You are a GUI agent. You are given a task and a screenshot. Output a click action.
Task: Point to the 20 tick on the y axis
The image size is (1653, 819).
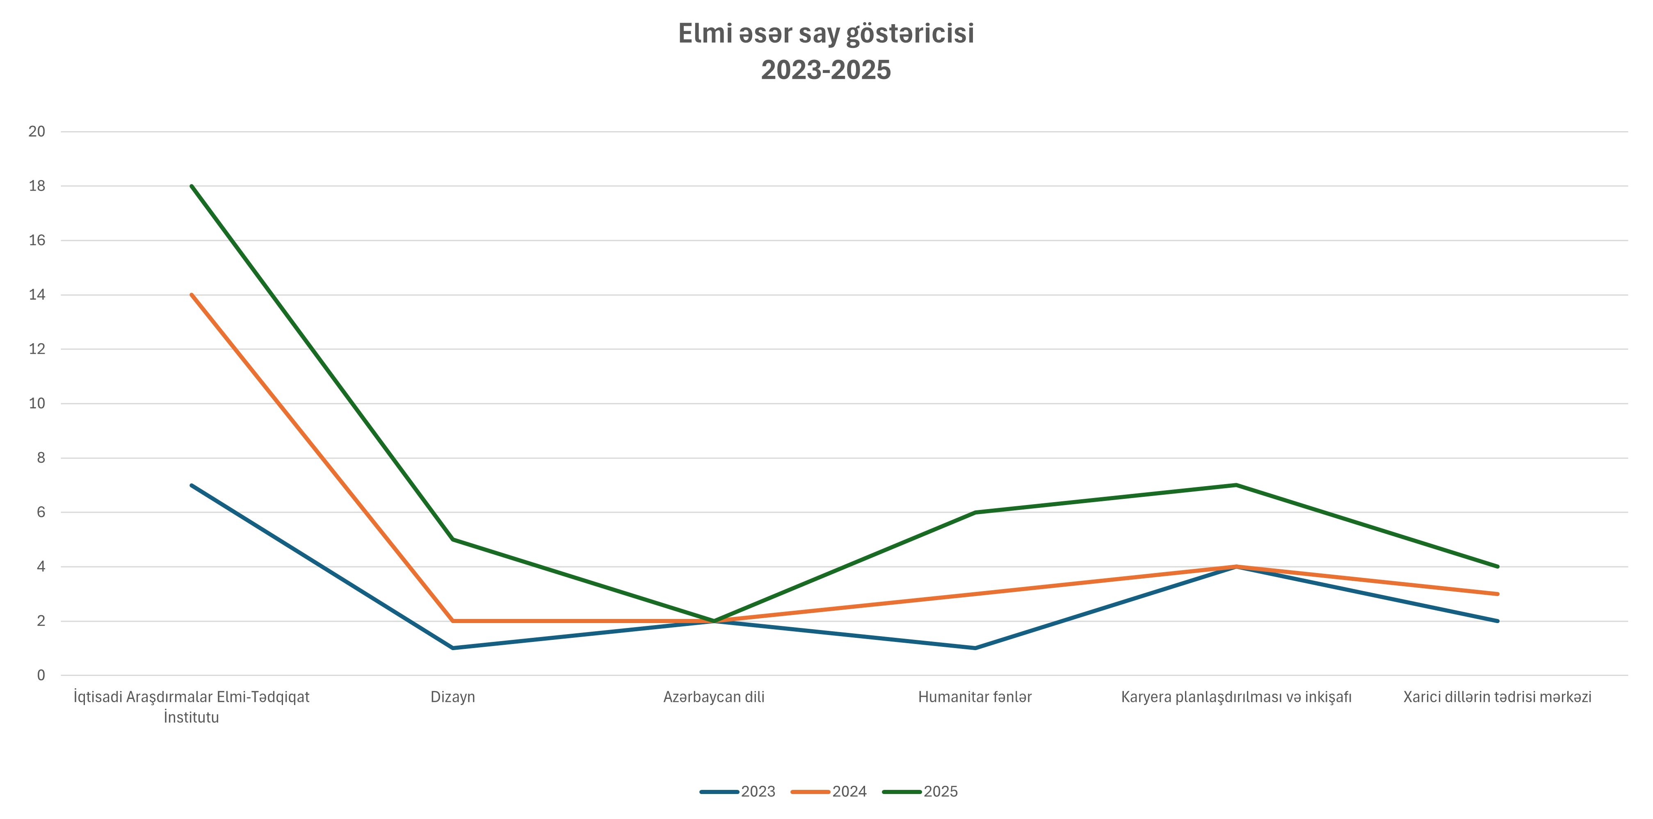point(37,132)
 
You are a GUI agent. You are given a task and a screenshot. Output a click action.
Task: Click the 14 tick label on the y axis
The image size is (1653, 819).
point(37,295)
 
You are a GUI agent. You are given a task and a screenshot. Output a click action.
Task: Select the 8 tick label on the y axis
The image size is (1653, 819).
point(41,458)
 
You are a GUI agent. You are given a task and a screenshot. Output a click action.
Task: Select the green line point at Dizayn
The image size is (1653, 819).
point(453,539)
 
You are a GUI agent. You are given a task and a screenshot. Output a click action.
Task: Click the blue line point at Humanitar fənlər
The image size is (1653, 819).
point(975,648)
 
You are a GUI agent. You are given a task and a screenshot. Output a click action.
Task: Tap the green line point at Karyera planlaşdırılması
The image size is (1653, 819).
point(1236,485)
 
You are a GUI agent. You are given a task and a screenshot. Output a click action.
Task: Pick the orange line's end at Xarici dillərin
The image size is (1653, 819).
point(1497,594)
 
